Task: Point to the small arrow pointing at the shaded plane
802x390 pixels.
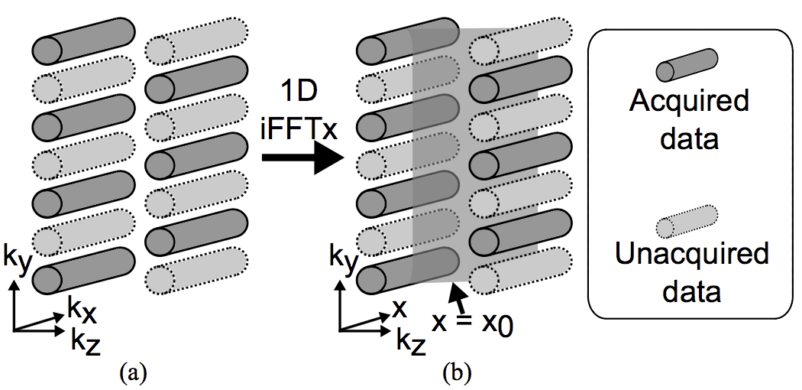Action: tap(457, 296)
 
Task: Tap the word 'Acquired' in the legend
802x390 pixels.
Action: tap(688, 102)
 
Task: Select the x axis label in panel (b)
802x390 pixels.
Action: tap(398, 307)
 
